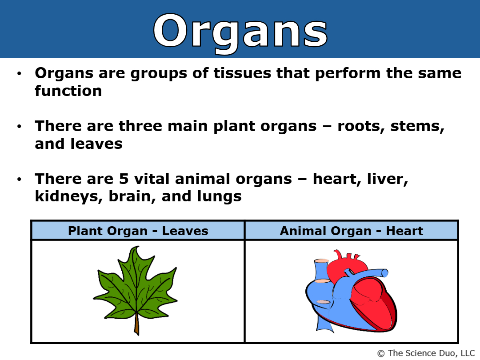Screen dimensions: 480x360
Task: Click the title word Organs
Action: click(240, 32)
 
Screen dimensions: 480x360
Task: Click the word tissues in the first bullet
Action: click(242, 73)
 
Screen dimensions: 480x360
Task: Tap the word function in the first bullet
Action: click(68, 91)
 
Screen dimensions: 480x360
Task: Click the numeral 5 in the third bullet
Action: click(124, 179)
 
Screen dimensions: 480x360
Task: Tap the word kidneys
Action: click(69, 197)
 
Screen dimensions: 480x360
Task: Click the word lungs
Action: click(219, 197)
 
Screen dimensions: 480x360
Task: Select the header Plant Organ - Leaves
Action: click(138, 231)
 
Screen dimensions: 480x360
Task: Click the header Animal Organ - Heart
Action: click(352, 231)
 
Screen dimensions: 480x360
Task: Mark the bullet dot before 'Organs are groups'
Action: click(19, 73)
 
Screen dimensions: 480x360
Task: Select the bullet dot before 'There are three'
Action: click(19, 126)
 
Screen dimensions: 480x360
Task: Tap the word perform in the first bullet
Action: click(348, 74)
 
